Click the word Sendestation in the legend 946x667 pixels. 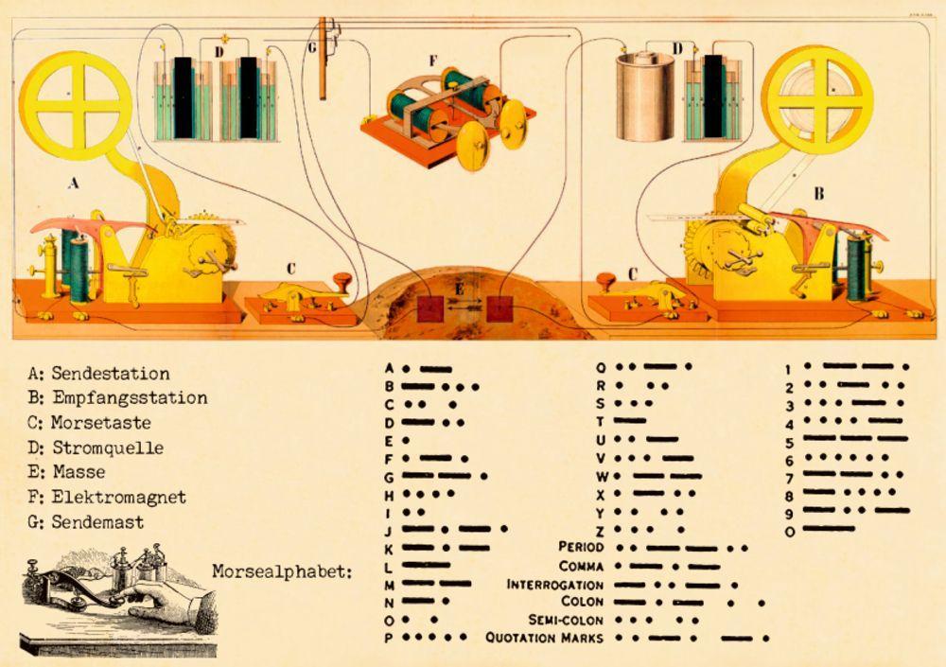[111, 374]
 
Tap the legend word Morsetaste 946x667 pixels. [101, 423]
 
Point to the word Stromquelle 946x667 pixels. [108, 448]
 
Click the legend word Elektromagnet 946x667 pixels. [119, 498]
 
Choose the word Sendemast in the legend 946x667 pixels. [97, 522]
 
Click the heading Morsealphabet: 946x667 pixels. [282, 571]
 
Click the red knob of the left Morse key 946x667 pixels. [342, 281]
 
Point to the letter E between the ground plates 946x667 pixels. [459, 289]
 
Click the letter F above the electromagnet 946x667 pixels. [432, 61]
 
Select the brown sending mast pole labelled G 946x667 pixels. [323, 59]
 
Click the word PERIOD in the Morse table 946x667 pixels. [581, 547]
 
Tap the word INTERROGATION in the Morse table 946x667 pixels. [554, 585]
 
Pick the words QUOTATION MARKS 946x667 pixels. [544, 638]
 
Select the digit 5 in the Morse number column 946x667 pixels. [790, 444]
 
